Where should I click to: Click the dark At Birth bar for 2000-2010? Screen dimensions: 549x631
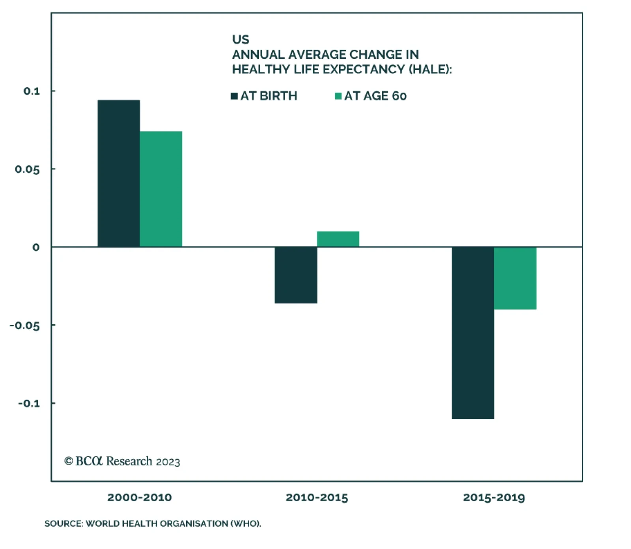(119, 173)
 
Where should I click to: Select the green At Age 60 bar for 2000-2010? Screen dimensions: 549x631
(161, 189)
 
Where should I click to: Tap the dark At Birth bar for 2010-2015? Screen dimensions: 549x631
(296, 275)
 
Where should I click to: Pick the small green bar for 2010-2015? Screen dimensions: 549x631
(338, 239)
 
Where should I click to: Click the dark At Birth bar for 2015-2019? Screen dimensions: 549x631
(473, 333)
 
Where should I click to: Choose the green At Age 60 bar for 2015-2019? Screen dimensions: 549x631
(515, 278)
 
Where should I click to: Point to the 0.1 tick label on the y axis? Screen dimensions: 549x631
(32, 91)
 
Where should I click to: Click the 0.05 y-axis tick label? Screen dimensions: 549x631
(27, 169)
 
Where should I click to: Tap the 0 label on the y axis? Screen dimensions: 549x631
(36, 248)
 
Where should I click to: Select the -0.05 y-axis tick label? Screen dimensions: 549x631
(25, 326)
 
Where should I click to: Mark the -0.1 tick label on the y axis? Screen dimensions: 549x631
(29, 403)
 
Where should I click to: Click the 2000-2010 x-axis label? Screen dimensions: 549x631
(140, 497)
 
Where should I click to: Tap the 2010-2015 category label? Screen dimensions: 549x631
(317, 497)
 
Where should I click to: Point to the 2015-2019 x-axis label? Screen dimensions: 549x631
(494, 497)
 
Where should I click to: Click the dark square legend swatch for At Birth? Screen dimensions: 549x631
(234, 96)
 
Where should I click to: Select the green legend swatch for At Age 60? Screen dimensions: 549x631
(338, 96)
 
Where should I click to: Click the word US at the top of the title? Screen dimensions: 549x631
(241, 39)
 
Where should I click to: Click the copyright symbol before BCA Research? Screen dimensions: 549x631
(69, 461)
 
